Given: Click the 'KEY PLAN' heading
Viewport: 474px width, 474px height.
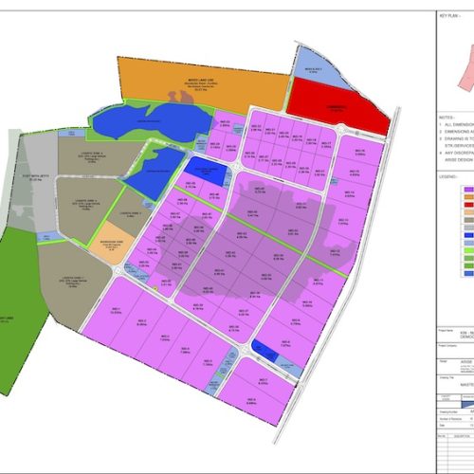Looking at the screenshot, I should pyautogui.click(x=448, y=17).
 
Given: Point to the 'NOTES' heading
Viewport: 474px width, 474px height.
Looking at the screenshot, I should pyautogui.click(x=445, y=118).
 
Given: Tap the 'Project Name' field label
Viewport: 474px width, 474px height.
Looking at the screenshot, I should pyautogui.click(x=447, y=332).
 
